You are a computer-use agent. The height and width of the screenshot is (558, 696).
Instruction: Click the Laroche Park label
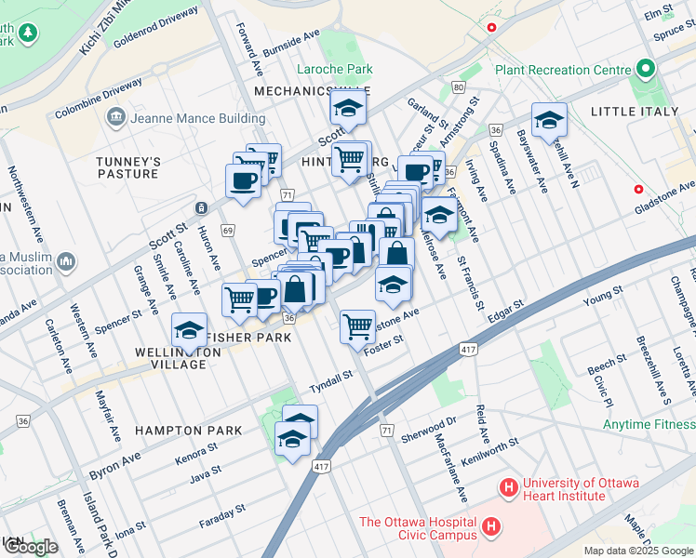click(x=334, y=69)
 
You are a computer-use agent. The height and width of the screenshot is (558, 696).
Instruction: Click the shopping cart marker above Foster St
click(x=357, y=327)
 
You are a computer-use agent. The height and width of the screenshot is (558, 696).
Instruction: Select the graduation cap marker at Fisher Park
click(x=190, y=330)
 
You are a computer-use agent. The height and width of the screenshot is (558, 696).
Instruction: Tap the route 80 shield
click(x=458, y=87)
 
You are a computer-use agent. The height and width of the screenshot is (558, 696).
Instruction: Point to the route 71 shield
click(x=288, y=194)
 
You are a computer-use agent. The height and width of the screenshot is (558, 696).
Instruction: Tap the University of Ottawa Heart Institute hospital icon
click(x=508, y=486)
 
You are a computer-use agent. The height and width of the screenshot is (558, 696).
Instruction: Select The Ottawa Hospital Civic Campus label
click(x=418, y=528)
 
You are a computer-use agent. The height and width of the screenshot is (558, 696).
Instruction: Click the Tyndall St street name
click(x=332, y=378)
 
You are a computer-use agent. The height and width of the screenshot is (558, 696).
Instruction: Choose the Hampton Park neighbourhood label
click(x=188, y=431)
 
